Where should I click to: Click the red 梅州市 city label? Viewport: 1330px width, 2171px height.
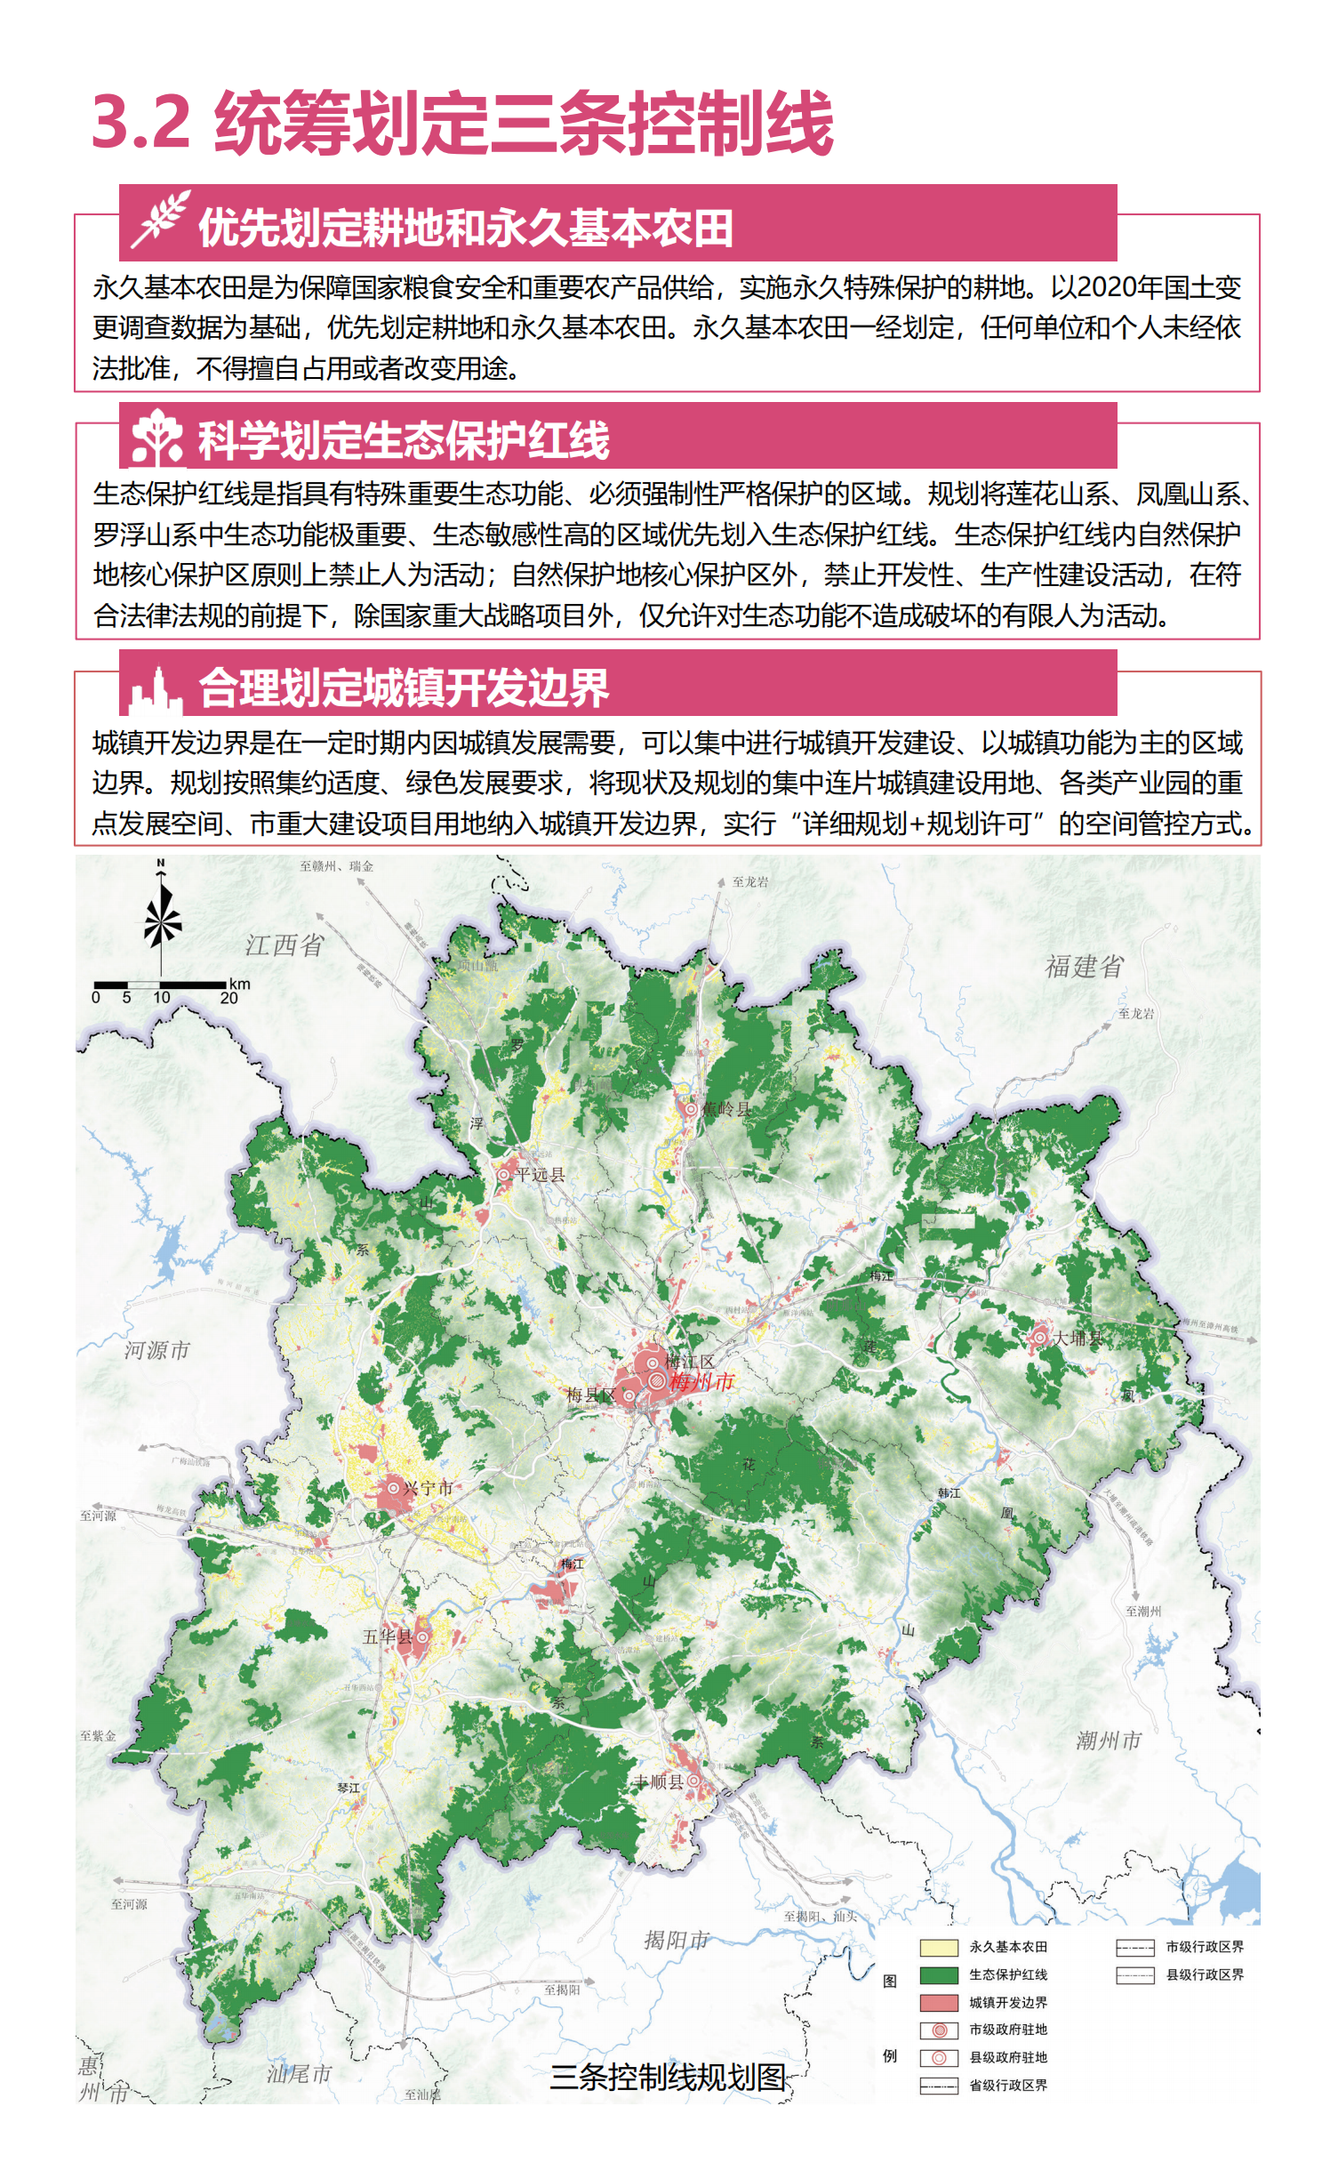click(x=701, y=1381)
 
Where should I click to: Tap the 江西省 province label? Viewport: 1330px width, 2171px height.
click(x=284, y=945)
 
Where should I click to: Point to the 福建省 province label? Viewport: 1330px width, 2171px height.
click(x=1084, y=966)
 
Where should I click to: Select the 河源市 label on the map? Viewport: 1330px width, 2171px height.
click(x=156, y=1350)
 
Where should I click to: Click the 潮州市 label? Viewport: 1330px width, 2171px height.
click(x=1108, y=1740)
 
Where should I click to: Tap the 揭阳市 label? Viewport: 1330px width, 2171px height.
click(x=677, y=1939)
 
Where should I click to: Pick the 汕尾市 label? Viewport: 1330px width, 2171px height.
click(x=299, y=2073)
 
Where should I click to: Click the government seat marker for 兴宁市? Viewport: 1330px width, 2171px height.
click(x=393, y=1487)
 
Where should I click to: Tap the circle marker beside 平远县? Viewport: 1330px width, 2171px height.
click(x=503, y=1174)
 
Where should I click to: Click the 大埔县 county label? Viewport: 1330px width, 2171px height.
click(x=1078, y=1338)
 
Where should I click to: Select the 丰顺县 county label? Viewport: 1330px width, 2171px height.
click(x=659, y=1781)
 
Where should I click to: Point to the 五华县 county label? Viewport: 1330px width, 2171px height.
click(x=387, y=1636)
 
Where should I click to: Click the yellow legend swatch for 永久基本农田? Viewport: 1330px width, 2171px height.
click(x=938, y=1947)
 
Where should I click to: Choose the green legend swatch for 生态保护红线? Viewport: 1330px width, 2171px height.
click(x=938, y=1974)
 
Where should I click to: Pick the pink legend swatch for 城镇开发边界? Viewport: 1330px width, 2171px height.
click(x=938, y=2002)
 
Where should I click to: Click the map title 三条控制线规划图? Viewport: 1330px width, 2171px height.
click(x=668, y=2077)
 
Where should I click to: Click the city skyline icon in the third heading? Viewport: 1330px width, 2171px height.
click(x=156, y=691)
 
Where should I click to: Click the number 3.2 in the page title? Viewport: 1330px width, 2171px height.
click(x=140, y=122)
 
